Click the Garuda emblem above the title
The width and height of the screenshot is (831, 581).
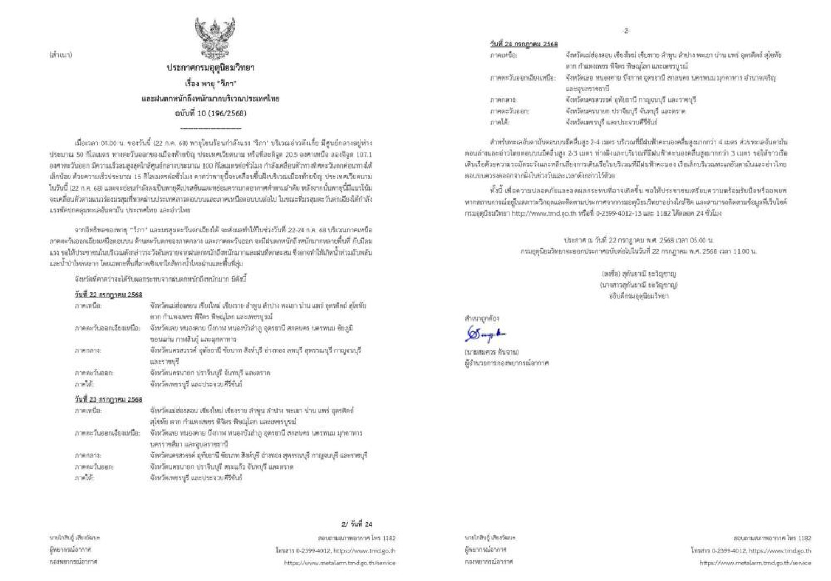[x=215, y=38]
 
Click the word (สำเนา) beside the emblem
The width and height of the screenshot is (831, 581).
[x=61, y=55]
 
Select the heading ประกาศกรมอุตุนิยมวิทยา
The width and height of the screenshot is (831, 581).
[x=210, y=68]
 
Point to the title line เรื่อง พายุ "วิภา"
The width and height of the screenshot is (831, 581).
[x=210, y=84]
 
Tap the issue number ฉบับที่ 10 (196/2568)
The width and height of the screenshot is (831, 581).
[x=210, y=113]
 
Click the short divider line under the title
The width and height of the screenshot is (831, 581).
[x=210, y=128]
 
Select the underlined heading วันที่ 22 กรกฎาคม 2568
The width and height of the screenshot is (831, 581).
[x=108, y=295]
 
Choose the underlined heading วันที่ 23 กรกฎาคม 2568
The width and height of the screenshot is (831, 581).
[x=108, y=399]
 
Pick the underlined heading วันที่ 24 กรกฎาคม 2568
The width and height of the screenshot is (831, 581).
[x=524, y=44]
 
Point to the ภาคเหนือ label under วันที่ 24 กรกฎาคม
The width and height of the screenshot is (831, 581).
[x=503, y=55]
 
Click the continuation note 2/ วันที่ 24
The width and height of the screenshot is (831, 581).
[x=357, y=524]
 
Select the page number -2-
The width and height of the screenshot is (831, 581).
[x=625, y=31]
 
